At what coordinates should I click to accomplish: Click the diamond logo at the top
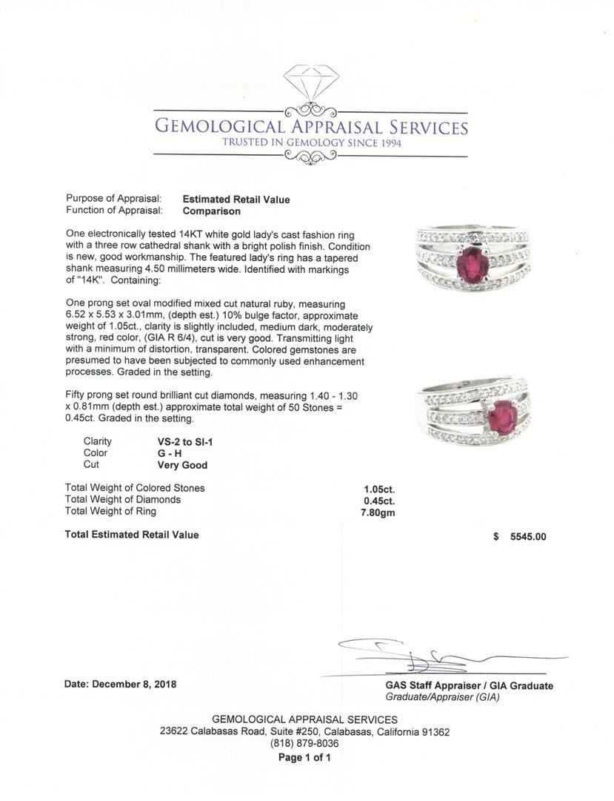pyautogui.click(x=311, y=82)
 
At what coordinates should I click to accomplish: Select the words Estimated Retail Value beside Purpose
pyautogui.click(x=236, y=199)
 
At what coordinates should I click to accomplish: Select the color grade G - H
pyautogui.click(x=170, y=453)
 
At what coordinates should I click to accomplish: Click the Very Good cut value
pyautogui.click(x=182, y=465)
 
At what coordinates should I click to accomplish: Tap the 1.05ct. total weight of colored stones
pyautogui.click(x=378, y=489)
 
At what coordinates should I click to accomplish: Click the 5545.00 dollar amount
pyautogui.click(x=527, y=537)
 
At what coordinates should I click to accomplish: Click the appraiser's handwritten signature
pyautogui.click(x=415, y=653)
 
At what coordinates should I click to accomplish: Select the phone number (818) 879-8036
pyautogui.click(x=304, y=744)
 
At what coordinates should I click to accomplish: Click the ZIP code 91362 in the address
pyautogui.click(x=435, y=731)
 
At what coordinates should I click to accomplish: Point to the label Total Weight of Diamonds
pyautogui.click(x=123, y=500)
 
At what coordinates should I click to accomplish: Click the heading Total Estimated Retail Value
pyautogui.click(x=132, y=534)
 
